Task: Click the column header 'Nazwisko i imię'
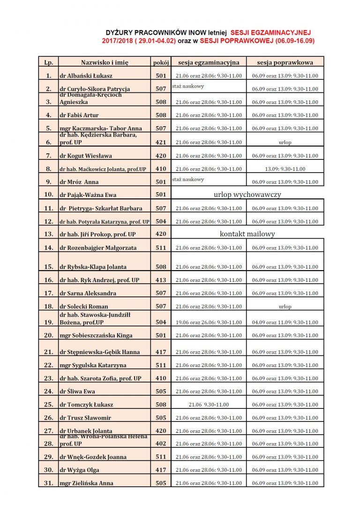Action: point(105,62)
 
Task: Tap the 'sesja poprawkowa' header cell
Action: point(285,62)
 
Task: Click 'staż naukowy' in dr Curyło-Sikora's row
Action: point(188,86)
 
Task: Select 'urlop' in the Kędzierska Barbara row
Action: point(285,142)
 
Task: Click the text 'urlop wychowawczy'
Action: point(247,194)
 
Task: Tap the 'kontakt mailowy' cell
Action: point(247,234)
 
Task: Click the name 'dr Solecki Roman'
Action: point(84,307)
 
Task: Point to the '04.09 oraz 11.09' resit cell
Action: point(285,323)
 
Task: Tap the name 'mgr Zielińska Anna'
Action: point(86,483)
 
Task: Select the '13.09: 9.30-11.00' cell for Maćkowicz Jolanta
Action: point(285,169)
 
